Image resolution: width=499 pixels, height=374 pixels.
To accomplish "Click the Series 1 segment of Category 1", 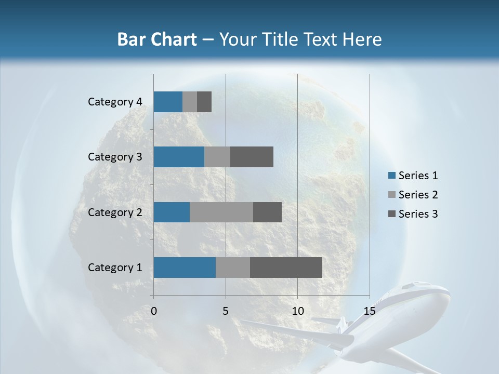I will [x=185, y=268].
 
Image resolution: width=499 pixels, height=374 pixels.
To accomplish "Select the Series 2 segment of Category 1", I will [x=233, y=268].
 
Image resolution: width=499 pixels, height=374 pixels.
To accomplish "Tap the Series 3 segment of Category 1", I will [x=286, y=268].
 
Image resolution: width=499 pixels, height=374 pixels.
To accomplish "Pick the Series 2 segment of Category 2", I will [x=221, y=212].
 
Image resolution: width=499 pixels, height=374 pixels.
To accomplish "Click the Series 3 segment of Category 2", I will [x=267, y=212].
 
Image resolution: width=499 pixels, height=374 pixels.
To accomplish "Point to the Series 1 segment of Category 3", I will [x=179, y=157].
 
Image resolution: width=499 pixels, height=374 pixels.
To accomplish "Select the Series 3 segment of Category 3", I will [x=252, y=157].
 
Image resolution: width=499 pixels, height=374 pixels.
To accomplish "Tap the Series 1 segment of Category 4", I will [x=168, y=102].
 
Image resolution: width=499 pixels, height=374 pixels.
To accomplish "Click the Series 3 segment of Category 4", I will [x=204, y=102].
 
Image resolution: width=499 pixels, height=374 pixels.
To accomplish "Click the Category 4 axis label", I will [x=115, y=102].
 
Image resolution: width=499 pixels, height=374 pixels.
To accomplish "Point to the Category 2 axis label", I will [x=115, y=212].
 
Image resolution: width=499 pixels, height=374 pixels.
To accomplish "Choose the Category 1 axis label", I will [x=115, y=268].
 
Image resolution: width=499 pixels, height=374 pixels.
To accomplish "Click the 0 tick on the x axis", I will [x=154, y=311].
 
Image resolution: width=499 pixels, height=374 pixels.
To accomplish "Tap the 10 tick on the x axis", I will [x=297, y=311].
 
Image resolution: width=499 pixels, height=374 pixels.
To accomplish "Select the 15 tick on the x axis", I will [x=369, y=311].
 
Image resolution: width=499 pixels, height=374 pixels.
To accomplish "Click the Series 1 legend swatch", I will [x=391, y=176].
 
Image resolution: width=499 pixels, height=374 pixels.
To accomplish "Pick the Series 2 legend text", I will [x=418, y=195].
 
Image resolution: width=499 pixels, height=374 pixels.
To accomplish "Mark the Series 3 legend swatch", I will [x=391, y=214].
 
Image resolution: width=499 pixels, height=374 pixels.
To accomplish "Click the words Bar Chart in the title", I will [x=157, y=39].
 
